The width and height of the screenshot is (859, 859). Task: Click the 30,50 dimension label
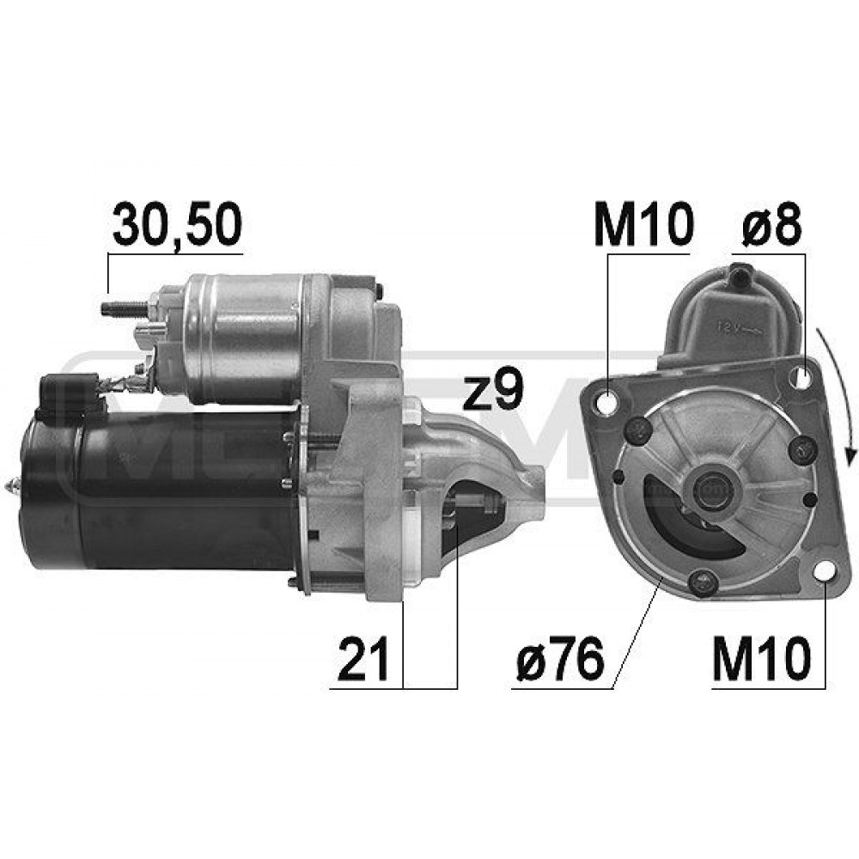tap(176, 224)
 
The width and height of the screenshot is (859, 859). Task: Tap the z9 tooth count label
tap(492, 391)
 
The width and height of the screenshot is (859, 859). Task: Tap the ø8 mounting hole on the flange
tap(801, 378)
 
